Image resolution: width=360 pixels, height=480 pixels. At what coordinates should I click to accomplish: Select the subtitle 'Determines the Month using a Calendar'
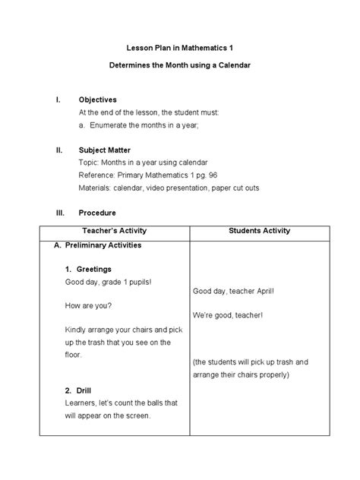click(179, 66)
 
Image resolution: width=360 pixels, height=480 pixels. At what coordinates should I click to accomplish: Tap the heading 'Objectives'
click(98, 100)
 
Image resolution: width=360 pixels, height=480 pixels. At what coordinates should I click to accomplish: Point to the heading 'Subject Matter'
click(106, 150)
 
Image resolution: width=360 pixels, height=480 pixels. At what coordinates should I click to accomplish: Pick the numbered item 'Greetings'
click(93, 269)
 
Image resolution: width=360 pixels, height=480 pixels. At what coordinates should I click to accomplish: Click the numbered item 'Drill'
click(84, 390)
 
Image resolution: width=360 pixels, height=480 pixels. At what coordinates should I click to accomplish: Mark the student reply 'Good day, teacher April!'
click(238, 291)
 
